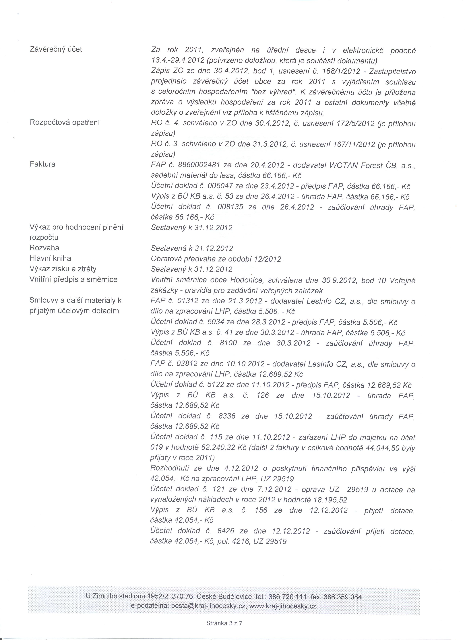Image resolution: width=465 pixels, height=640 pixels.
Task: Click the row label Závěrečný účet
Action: (x=56, y=49)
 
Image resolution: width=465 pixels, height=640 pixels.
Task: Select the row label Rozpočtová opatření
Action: (x=65, y=123)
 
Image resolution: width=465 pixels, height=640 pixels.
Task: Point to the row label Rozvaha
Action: (x=44, y=248)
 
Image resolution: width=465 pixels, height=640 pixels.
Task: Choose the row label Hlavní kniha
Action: (x=50, y=258)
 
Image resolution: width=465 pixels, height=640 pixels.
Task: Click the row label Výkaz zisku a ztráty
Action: (x=63, y=269)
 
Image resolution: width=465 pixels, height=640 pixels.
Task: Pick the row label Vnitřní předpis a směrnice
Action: (x=73, y=279)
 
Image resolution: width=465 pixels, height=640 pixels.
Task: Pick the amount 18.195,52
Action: (x=330, y=500)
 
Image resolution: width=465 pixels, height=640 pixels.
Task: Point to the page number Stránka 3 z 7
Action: (x=224, y=623)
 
